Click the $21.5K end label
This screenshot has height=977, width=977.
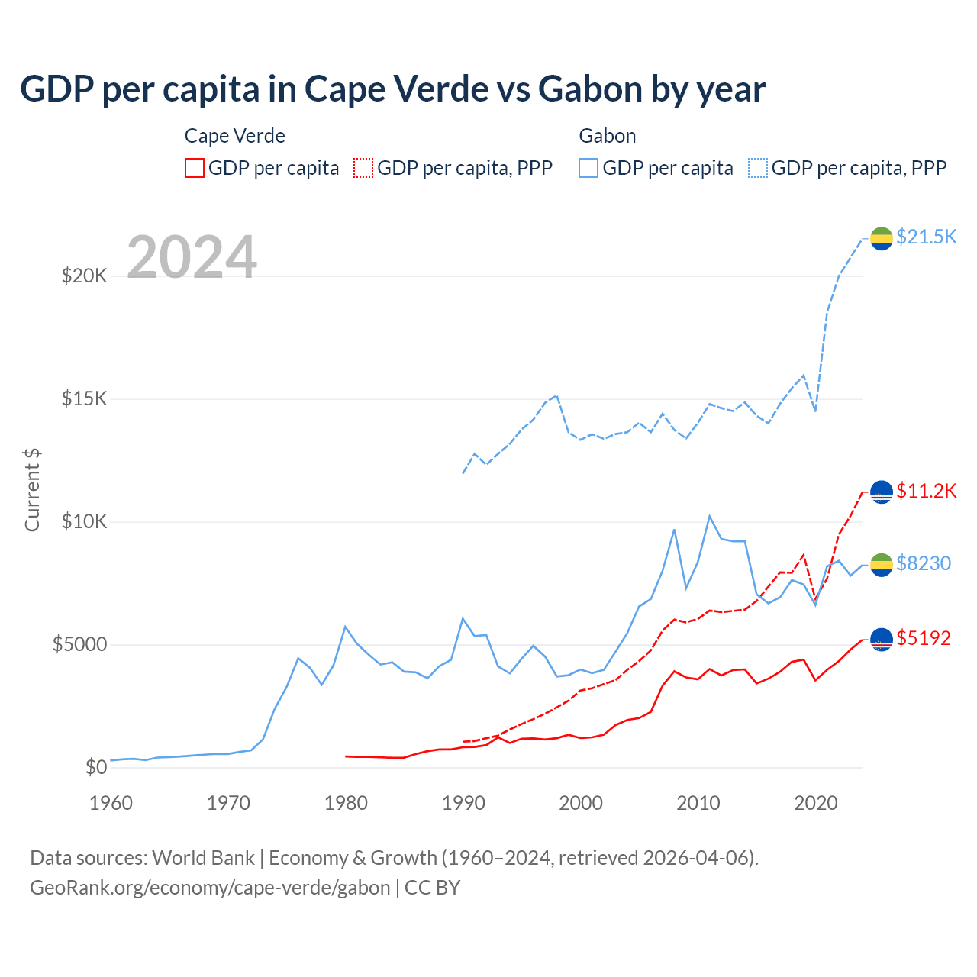pos(926,237)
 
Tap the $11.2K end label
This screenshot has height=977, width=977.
pos(926,491)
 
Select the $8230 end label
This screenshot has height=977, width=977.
pos(924,563)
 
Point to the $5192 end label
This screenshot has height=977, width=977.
pos(924,638)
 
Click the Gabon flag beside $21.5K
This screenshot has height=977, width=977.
pos(882,238)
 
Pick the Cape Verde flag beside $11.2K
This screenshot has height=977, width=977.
pos(882,492)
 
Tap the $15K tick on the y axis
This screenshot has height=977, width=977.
pos(84,398)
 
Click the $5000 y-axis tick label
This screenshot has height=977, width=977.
pos(79,644)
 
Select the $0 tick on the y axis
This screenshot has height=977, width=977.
pos(95,767)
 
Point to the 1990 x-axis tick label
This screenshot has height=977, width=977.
pos(463,803)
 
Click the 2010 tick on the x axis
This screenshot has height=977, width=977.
pos(698,803)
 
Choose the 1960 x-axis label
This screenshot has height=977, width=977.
pos(111,803)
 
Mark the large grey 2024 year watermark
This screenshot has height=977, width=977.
pos(192,257)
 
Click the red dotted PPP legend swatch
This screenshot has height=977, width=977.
pos(363,168)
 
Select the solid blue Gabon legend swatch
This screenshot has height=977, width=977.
pos(588,168)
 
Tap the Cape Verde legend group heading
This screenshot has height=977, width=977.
pos(235,136)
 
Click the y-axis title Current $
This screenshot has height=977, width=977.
pos(32,490)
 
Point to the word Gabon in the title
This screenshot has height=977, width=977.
pos(590,89)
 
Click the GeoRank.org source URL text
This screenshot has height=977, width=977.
pos(210,888)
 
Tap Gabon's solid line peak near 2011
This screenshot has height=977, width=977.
pos(710,516)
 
